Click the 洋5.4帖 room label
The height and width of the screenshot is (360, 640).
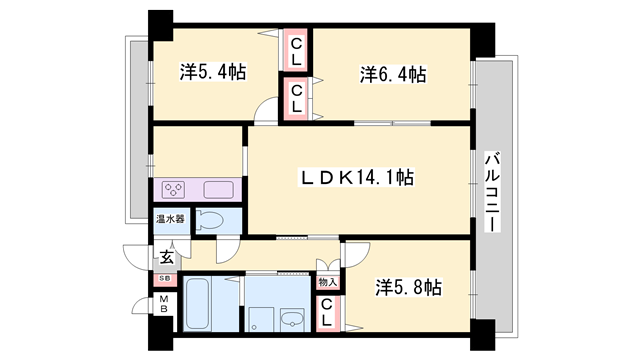click(213, 73)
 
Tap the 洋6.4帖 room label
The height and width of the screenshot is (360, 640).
click(393, 74)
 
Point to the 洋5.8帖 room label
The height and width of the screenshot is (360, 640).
click(408, 287)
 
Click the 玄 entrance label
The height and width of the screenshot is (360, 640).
click(164, 255)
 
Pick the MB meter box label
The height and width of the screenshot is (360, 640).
click(163, 305)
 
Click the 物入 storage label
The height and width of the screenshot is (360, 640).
click(327, 282)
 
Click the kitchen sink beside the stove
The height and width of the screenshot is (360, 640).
click(219, 189)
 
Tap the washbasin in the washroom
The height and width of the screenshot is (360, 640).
click(294, 319)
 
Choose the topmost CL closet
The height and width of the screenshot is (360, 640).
click(297, 49)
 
